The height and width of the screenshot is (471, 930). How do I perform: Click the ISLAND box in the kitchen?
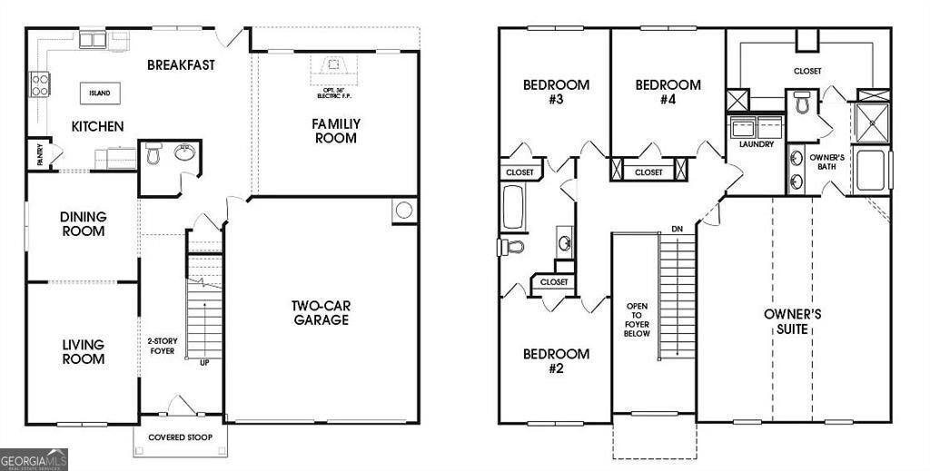(x=99, y=93)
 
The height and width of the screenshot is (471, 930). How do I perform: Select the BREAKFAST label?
(x=181, y=64)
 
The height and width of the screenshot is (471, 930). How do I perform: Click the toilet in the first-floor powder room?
(x=153, y=155)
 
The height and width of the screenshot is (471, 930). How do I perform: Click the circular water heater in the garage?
(x=403, y=211)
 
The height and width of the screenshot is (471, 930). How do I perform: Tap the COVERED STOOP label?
(x=181, y=437)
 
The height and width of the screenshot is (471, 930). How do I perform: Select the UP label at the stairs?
(x=205, y=363)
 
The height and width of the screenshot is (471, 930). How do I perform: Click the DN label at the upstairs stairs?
(x=676, y=229)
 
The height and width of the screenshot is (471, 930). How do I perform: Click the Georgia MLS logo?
(x=34, y=459)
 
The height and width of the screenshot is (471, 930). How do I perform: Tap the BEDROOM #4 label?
(x=668, y=93)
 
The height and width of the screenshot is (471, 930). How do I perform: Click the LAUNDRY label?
(x=756, y=144)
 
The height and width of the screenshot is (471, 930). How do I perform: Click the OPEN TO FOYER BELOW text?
(x=636, y=319)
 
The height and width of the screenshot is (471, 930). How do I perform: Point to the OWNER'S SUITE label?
(x=792, y=321)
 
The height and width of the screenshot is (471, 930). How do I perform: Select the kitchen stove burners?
(x=40, y=85)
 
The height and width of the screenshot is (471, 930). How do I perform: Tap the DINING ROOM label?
(x=84, y=223)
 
